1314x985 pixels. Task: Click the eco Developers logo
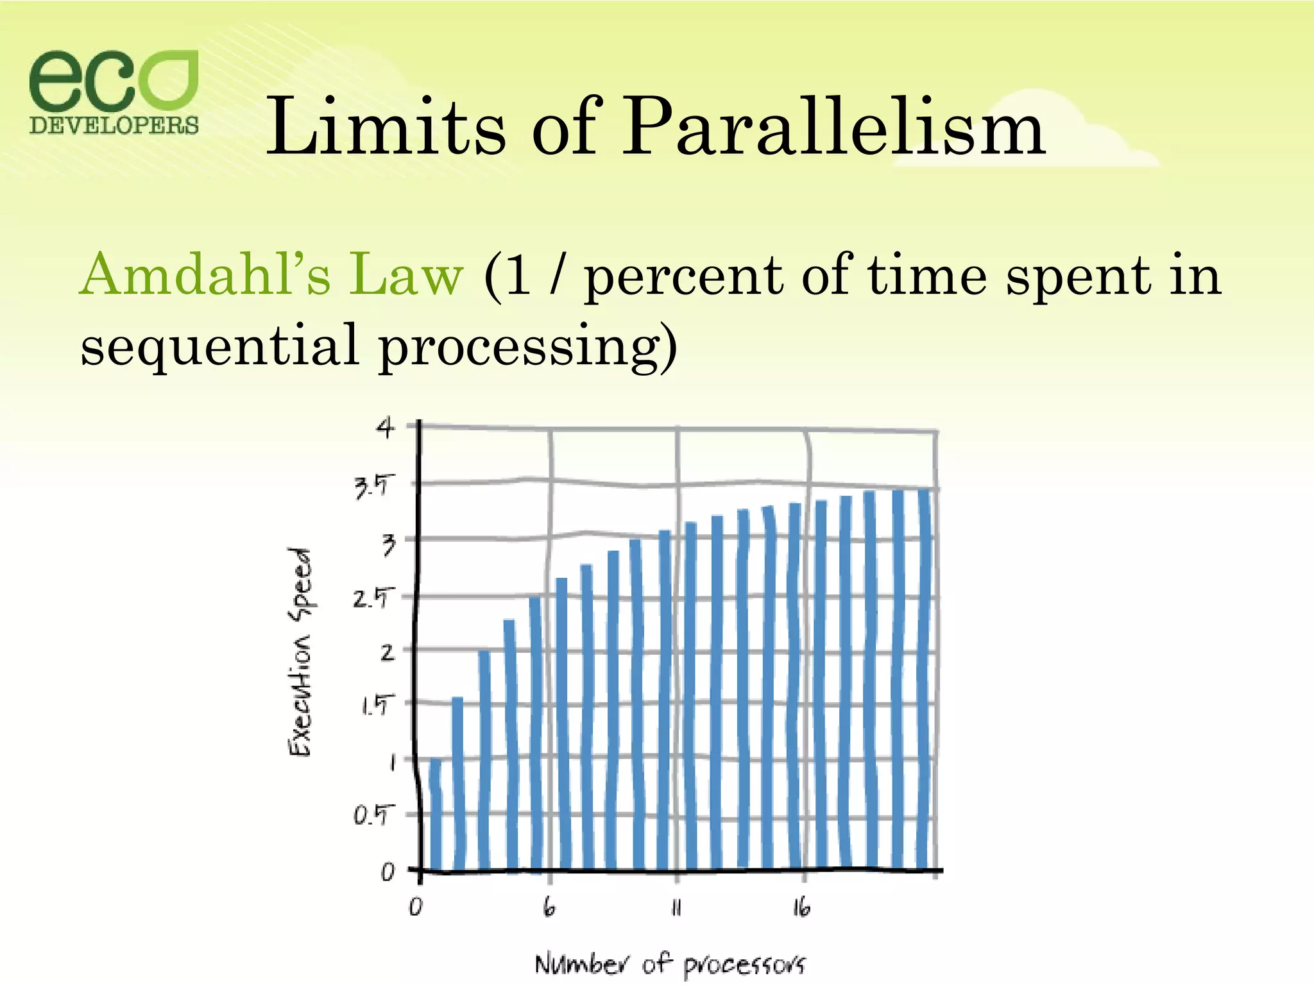click(114, 92)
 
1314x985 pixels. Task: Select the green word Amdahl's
click(205, 274)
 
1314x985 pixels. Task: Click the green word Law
click(405, 274)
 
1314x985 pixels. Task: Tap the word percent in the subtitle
click(683, 277)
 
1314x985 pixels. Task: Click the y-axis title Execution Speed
click(300, 652)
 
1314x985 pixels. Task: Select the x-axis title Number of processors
click(670, 964)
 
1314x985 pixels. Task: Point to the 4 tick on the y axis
click(385, 427)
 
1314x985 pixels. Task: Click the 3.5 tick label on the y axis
click(371, 487)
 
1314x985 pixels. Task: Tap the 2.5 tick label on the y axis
click(371, 599)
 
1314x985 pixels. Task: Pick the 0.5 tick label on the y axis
click(371, 816)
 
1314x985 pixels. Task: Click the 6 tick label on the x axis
click(549, 907)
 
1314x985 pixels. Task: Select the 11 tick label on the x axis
click(676, 907)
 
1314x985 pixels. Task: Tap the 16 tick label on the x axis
click(801, 907)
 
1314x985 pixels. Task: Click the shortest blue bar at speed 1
click(436, 814)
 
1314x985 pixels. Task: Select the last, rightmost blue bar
click(924, 680)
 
